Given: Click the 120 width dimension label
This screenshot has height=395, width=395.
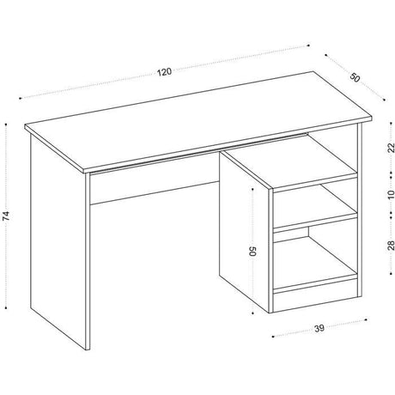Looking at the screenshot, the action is pos(164,72).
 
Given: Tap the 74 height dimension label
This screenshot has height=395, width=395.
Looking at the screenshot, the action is pos(6,216).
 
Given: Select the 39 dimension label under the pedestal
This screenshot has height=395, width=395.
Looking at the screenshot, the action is pos(319,328).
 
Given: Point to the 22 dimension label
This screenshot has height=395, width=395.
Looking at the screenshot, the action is pos(391,148).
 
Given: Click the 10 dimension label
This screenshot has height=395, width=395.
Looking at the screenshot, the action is pos(391,194).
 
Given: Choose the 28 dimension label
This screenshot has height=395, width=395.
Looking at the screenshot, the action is pos(391,246).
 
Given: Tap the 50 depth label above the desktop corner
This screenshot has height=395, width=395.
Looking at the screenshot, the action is pos(355,77).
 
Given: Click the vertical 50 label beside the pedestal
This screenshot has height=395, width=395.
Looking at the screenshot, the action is pos(253,251).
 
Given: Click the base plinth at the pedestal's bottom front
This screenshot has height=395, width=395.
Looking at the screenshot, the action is pos(316,301).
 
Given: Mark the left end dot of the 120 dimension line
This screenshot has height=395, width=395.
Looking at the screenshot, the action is pos(20,98).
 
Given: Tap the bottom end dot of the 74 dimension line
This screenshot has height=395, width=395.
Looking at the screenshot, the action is pos(6,308).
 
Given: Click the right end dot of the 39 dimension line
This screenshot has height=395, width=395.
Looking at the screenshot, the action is pos(366,319).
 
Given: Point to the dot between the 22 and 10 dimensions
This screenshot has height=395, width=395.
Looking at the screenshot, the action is pos(391,173).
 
